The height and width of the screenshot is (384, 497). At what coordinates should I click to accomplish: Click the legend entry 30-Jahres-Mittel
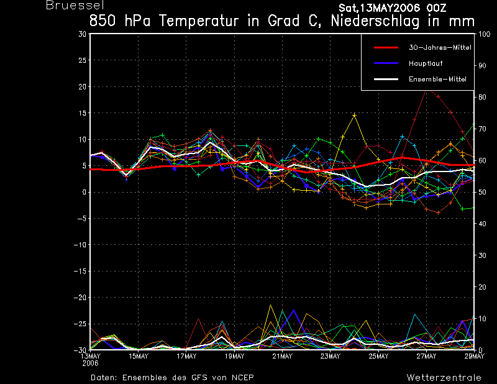[x=440, y=48]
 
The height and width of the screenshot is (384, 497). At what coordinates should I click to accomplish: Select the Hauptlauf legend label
[x=426, y=63]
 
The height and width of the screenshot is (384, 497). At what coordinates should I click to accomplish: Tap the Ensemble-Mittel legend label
[x=437, y=80]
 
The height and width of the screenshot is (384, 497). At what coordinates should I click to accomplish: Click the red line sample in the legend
[x=386, y=48]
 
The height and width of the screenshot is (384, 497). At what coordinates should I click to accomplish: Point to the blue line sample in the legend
[x=386, y=63]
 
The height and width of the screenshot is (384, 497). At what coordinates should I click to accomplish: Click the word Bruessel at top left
[x=75, y=5]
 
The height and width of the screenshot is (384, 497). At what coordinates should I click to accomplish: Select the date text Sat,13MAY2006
[x=380, y=8]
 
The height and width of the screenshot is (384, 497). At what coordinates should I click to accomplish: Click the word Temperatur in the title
[x=198, y=21]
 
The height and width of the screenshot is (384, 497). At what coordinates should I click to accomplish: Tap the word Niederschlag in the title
[x=375, y=21]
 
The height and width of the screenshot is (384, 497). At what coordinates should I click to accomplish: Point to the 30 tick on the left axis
[x=83, y=34]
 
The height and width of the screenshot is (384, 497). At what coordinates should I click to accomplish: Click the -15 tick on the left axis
[x=80, y=271]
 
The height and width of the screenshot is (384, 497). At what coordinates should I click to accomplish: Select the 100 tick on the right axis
[x=484, y=34]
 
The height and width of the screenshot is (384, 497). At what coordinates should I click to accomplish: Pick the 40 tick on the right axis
[x=482, y=224]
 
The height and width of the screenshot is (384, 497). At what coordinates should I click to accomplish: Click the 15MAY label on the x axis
[x=139, y=357]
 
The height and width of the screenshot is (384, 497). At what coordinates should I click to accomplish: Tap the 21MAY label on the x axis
[x=283, y=357]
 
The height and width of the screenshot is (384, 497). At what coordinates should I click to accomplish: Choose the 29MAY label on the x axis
[x=475, y=357]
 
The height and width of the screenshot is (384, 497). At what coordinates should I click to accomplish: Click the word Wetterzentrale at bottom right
[x=444, y=378]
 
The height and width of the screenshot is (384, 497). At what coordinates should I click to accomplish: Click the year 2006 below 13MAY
[x=90, y=363]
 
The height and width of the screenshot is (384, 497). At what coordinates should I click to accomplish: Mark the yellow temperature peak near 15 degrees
[x=354, y=115]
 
